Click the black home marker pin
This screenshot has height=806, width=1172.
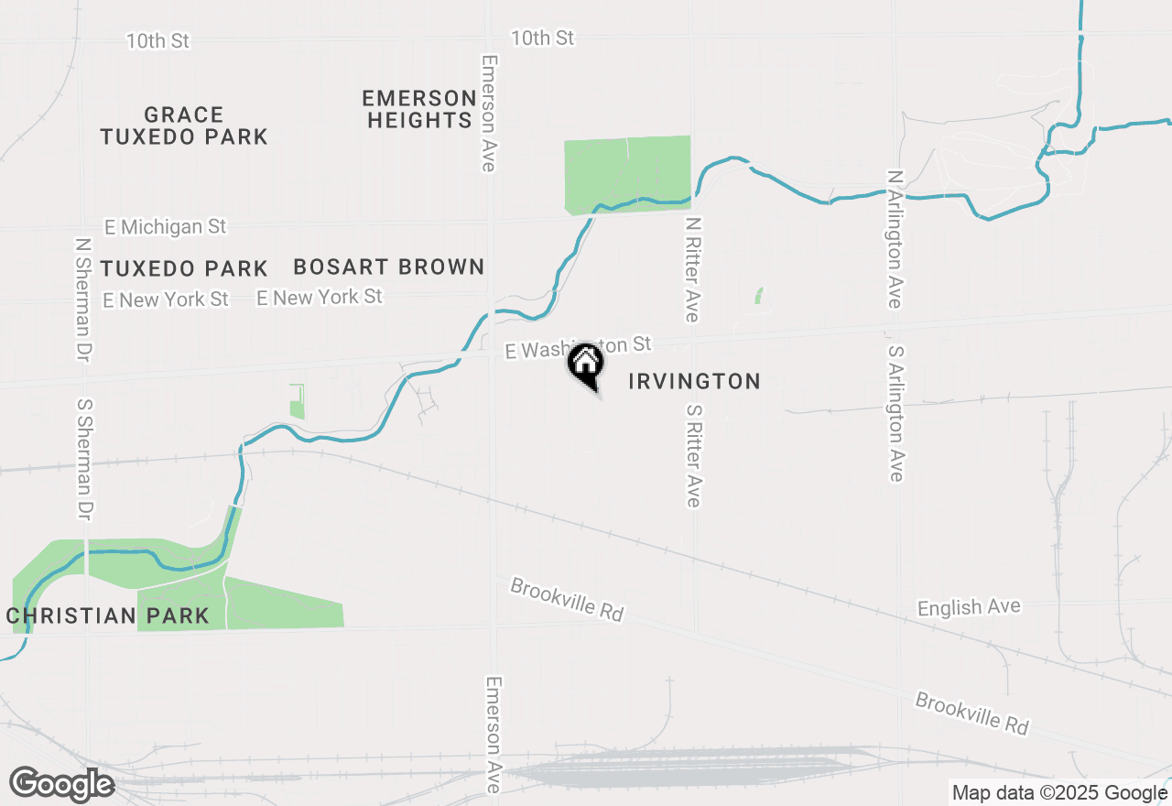coord(585,365)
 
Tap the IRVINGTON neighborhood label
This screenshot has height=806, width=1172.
coord(694,381)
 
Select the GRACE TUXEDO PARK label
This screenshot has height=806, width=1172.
coord(183,126)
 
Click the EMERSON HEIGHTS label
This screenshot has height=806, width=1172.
coord(418,109)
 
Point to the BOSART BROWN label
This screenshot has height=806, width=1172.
coord(388,267)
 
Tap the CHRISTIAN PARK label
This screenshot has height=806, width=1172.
coord(108,615)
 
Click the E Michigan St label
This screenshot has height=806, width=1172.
coord(165,226)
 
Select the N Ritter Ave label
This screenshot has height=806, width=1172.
coord(693,268)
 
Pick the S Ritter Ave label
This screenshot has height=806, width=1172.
coord(693,451)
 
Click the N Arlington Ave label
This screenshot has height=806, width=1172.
coord(895,239)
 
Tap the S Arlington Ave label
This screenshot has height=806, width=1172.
coord(895,413)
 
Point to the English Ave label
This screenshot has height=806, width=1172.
coord(969,608)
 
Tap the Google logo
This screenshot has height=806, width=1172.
coord(61,784)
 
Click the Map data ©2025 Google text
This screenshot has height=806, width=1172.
coord(1058,793)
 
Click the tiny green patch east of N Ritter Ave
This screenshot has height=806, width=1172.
coord(758,296)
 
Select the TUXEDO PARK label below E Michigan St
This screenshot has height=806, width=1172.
coord(183,269)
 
